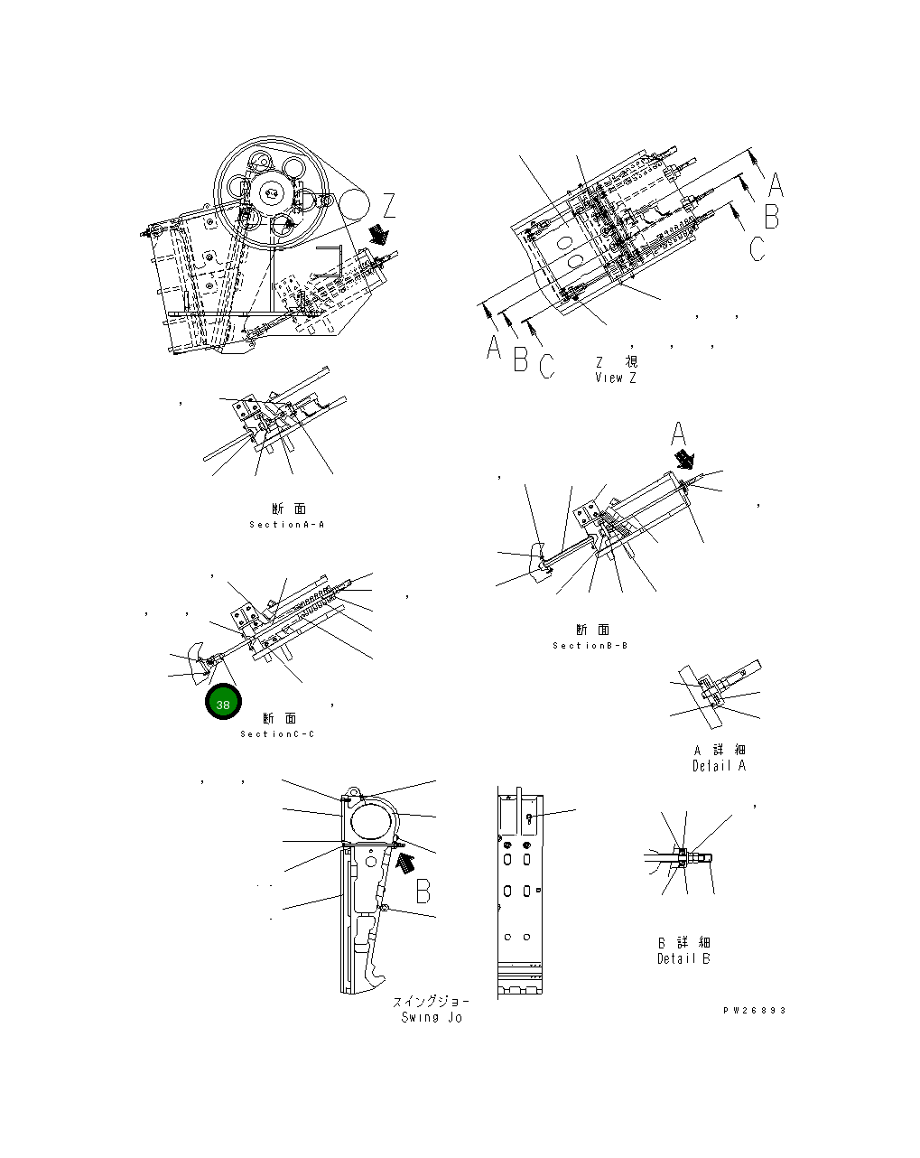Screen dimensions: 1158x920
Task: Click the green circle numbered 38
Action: [x=222, y=703]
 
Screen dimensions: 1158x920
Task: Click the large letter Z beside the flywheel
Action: [x=389, y=207]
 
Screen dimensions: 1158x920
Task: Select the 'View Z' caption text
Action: [x=616, y=378]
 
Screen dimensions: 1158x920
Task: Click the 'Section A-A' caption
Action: [x=286, y=524]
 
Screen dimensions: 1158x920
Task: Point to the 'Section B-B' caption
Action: [x=590, y=645]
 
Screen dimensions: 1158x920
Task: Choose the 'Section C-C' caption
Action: [x=278, y=733]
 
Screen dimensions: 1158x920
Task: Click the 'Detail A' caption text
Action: [x=719, y=765]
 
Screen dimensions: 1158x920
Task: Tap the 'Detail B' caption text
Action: [x=683, y=958]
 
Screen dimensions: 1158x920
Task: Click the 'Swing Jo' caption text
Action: [x=432, y=1017]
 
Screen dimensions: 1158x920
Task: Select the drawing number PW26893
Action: [x=754, y=1010]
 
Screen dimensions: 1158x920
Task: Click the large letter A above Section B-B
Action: [x=680, y=435]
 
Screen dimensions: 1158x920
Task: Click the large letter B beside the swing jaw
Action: [x=423, y=892]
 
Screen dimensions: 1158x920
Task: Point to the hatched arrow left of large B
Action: [x=405, y=863]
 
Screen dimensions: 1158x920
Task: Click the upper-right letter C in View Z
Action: [x=757, y=247]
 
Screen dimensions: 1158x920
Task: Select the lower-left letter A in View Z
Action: [x=493, y=348]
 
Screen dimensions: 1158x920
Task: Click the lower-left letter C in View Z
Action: [x=546, y=366]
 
